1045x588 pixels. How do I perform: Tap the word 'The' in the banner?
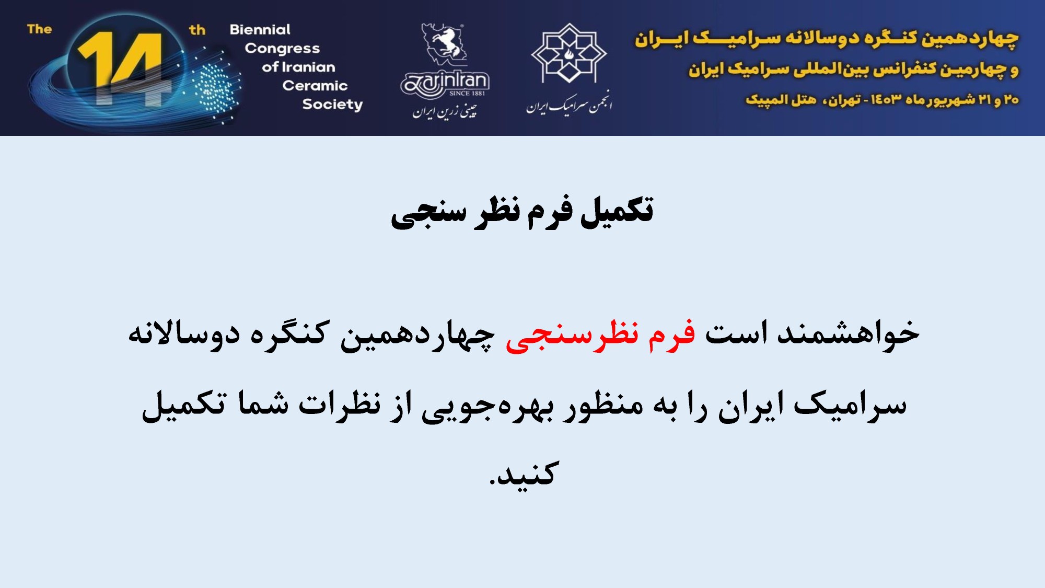pos(40,29)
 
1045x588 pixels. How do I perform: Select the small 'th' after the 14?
pos(198,30)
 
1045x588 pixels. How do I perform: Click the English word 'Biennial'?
pos(260,29)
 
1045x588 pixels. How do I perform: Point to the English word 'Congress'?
pos(282,49)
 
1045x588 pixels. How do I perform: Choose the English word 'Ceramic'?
pos(315,86)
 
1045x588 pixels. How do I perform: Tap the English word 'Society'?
pos(332,105)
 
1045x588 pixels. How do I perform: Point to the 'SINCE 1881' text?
pos(467,94)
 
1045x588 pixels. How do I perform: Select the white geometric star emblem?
pos(569,53)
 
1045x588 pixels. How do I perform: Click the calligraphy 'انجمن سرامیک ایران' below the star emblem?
pos(569,103)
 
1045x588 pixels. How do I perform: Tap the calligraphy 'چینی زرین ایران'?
pos(445,111)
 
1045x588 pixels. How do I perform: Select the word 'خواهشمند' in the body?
pos(848,333)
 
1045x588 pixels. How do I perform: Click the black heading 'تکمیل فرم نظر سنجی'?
pos(522,212)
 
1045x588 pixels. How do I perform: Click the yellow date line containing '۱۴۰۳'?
pos(882,99)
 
